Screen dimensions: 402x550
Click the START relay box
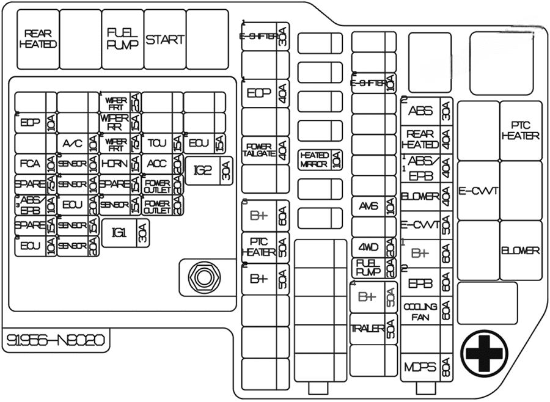[164, 40]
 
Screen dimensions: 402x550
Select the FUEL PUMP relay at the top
[122, 40]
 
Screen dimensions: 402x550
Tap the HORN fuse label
[114, 164]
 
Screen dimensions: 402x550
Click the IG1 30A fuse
[125, 233]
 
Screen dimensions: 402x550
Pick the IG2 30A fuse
[208, 170]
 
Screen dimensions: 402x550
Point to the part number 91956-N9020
[56, 340]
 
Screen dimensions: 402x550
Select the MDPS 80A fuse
[427, 367]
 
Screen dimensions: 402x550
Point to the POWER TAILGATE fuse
[265, 151]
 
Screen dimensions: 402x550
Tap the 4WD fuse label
[369, 248]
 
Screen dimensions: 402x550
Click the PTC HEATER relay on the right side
[520, 130]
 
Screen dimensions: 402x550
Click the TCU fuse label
[157, 144]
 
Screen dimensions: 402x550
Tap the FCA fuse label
[29, 164]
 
